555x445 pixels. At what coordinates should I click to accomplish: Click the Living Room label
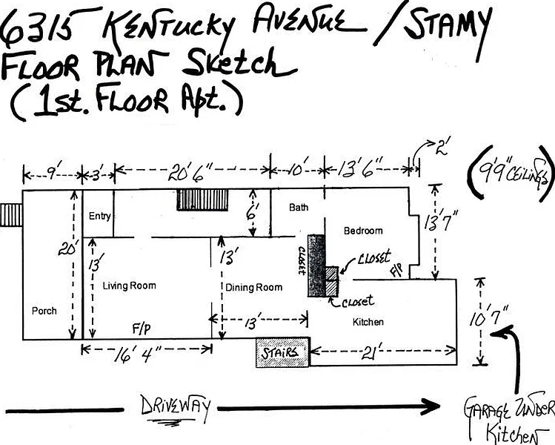tap(130, 286)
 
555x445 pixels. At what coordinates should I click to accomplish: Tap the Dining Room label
tap(254, 287)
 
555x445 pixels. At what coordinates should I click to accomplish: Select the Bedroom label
tap(363, 231)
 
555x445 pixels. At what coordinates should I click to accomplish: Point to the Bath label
tap(299, 208)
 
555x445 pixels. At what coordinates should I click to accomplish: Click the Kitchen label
tap(368, 322)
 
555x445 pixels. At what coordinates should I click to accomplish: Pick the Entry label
tap(99, 217)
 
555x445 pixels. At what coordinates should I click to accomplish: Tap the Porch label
tap(44, 311)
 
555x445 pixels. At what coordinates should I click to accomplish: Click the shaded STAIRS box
tap(282, 354)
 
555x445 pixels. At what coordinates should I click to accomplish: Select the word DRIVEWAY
tap(175, 406)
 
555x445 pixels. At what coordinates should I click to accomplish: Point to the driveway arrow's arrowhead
tap(430, 406)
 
